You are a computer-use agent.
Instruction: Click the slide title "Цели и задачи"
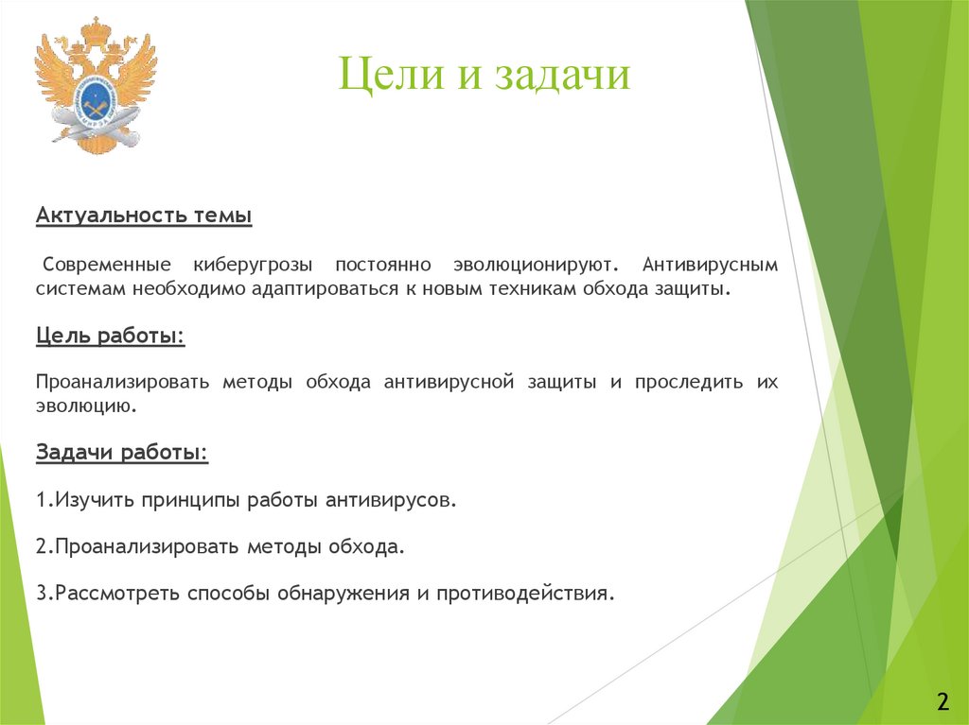[x=484, y=75]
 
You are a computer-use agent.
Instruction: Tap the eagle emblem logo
[x=96, y=85]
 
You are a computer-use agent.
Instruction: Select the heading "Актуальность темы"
[x=144, y=216]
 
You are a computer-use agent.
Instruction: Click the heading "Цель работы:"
[x=111, y=336]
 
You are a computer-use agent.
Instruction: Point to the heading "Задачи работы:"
[x=122, y=452]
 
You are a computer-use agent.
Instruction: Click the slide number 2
[x=943, y=702]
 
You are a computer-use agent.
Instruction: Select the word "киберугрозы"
[x=253, y=265]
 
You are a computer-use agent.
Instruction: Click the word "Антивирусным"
[x=710, y=265]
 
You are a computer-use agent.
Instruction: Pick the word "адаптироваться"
[x=325, y=289]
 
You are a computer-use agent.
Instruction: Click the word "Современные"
[x=106, y=265]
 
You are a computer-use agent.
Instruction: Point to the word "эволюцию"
[x=83, y=406]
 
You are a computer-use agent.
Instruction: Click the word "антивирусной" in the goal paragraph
[x=449, y=382]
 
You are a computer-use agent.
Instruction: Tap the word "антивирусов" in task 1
[x=387, y=500]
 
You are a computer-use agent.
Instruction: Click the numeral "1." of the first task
[x=44, y=500]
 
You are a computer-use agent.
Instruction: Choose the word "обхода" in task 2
[x=362, y=546]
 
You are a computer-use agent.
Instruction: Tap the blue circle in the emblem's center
[x=97, y=100]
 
